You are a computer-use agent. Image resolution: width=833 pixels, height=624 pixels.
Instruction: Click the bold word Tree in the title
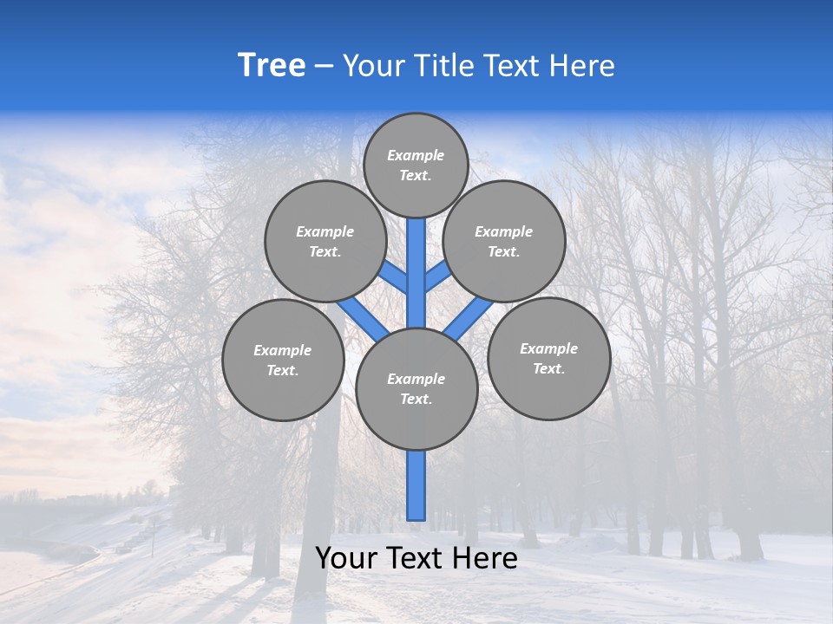pos(272,66)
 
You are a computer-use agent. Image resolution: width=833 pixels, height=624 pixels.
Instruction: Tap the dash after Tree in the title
pos(324,67)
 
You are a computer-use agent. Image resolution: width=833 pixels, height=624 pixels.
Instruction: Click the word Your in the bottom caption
pos(347,559)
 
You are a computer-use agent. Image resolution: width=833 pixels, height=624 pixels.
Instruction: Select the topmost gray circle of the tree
pos(416,165)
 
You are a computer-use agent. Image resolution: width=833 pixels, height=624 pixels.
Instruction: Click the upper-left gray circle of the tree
pos(325,241)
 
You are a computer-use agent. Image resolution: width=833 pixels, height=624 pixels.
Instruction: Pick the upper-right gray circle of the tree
pos(504,241)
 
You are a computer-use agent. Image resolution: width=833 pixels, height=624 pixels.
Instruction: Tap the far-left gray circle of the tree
pos(283,360)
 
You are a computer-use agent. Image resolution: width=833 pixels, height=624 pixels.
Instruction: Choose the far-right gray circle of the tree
pos(548,358)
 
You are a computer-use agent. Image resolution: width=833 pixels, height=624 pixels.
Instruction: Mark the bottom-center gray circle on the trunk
pos(416,389)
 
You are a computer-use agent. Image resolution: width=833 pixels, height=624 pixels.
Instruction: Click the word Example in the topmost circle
pos(416,155)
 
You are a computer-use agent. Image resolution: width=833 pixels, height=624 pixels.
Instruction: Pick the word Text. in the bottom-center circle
pos(416,400)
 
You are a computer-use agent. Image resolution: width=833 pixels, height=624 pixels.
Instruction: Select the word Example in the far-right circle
pos(548,348)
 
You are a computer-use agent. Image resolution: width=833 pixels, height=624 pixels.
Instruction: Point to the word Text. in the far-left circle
pos(282,371)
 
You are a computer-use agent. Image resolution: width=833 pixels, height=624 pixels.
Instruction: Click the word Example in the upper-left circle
pos(325,231)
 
